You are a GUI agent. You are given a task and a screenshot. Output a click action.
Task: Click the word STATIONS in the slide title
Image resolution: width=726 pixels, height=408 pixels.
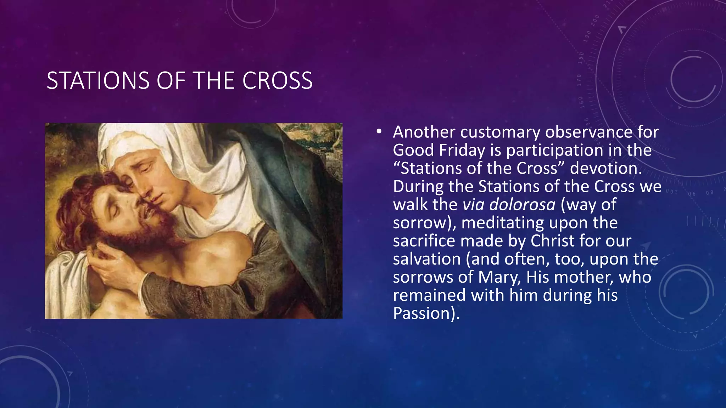tap(98, 81)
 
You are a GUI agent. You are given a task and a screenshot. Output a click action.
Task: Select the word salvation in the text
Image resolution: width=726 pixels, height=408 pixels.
tap(427, 259)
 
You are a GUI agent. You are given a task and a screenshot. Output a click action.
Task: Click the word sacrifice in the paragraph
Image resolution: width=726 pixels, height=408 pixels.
tap(424, 241)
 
